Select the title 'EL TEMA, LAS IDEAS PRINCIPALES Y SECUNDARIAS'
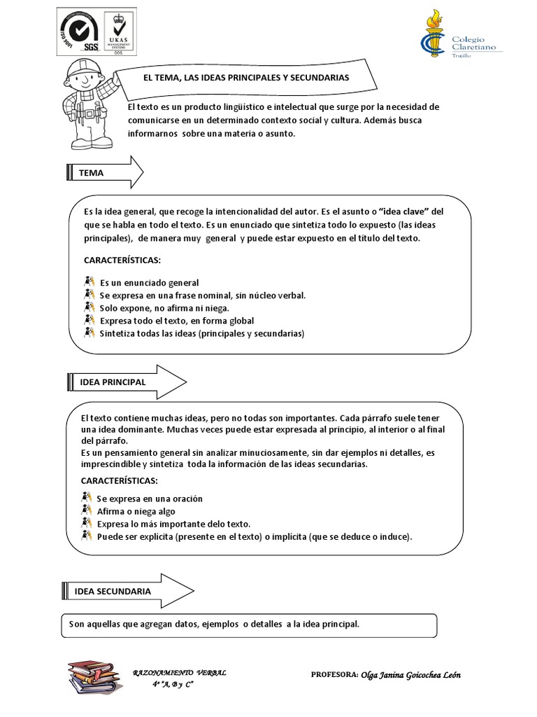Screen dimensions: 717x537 (x=245, y=78)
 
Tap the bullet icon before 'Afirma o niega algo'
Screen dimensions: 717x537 (x=88, y=511)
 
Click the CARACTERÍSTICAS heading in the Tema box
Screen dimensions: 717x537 (x=122, y=260)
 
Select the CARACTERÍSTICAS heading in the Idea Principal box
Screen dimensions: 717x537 (x=119, y=481)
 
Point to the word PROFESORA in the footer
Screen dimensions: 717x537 (x=334, y=675)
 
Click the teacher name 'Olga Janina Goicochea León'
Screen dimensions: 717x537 (x=411, y=675)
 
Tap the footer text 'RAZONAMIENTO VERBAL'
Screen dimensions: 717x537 (x=180, y=672)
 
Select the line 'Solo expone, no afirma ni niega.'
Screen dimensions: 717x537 (x=164, y=307)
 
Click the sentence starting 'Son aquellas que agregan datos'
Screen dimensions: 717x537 (x=214, y=623)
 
